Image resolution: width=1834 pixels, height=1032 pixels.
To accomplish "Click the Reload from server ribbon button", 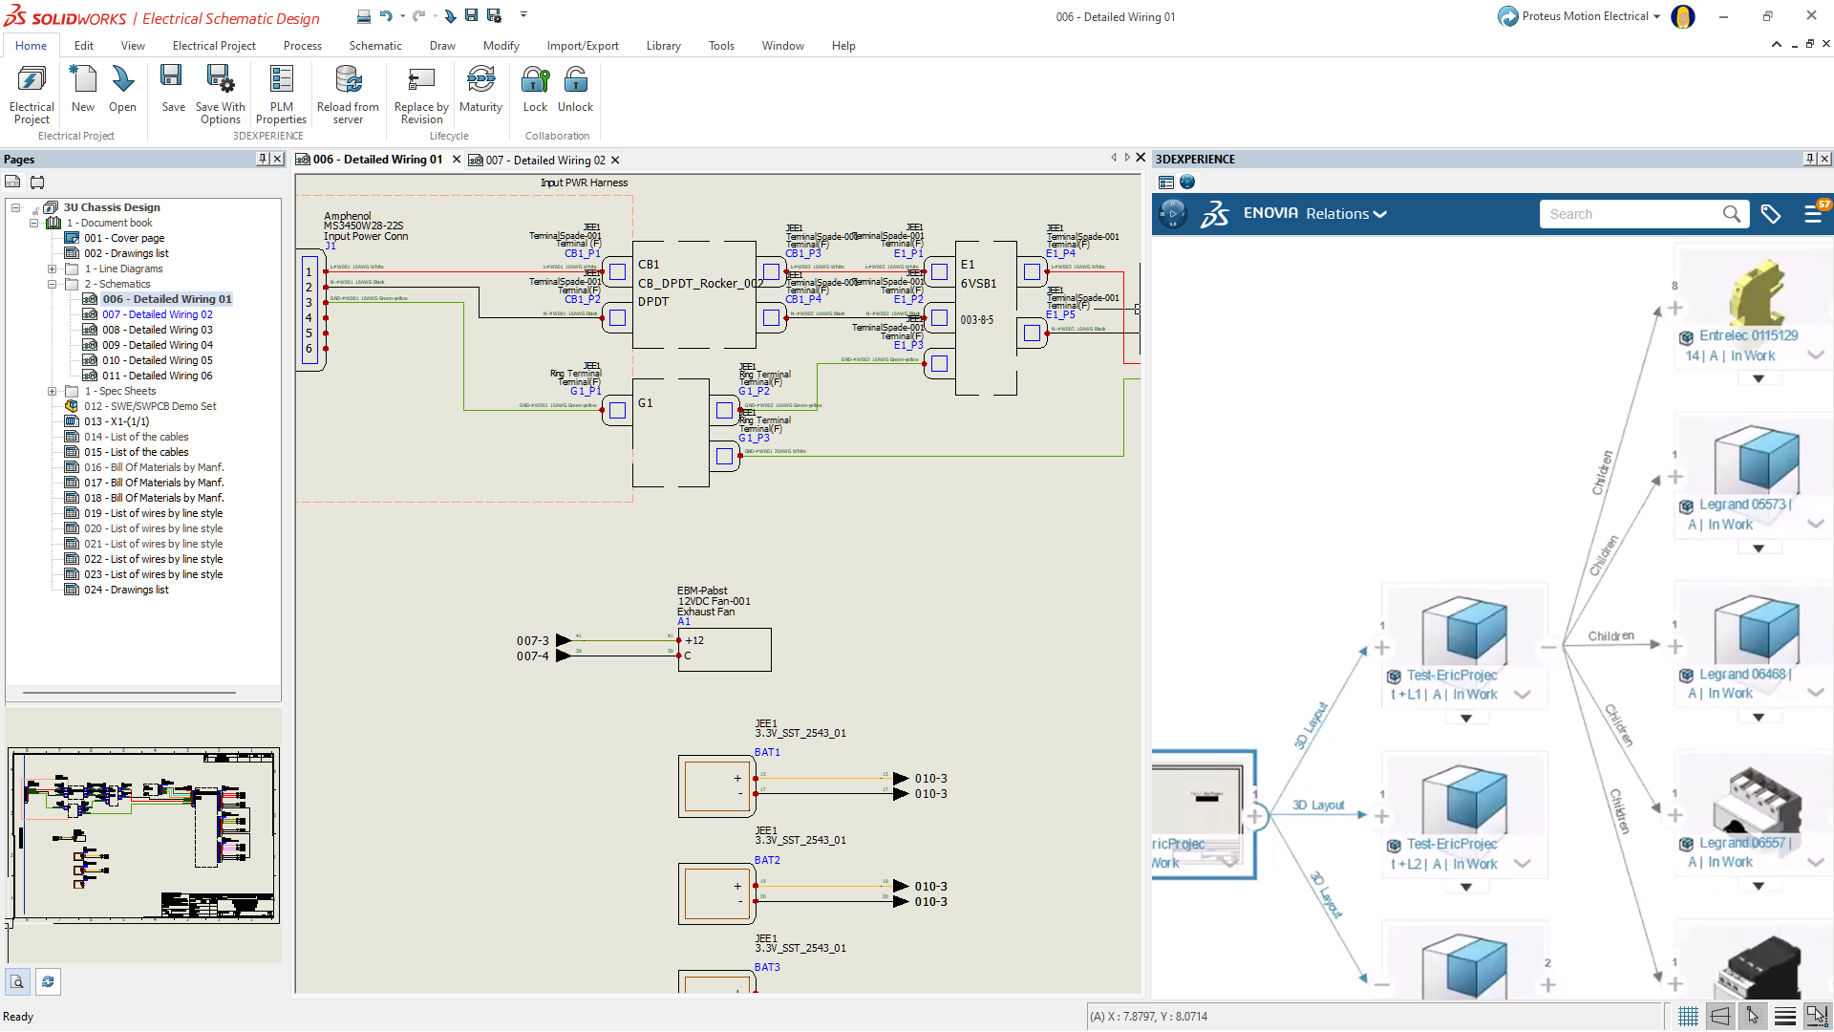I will (x=348, y=94).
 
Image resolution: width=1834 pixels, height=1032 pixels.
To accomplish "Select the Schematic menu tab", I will (x=374, y=46).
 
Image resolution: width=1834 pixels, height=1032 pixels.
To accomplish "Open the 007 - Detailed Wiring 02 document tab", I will (x=545, y=161).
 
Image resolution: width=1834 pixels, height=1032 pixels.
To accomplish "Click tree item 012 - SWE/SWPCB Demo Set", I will (x=150, y=406).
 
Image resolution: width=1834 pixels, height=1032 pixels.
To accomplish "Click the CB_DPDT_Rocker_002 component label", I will (x=699, y=284).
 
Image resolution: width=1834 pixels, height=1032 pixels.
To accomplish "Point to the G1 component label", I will (x=646, y=403).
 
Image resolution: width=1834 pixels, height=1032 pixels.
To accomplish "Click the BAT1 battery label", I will (x=767, y=753).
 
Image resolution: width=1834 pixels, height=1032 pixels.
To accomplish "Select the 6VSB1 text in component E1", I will (x=978, y=284).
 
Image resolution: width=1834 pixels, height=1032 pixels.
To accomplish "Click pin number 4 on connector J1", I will (x=309, y=318).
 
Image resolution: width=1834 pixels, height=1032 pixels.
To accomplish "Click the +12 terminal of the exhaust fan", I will (x=694, y=641).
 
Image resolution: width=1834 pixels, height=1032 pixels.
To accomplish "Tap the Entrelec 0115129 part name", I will (x=1748, y=335).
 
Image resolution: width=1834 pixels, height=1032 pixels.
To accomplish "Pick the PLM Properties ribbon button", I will (x=281, y=94).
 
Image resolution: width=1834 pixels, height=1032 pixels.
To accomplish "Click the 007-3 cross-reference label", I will (x=533, y=641).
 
